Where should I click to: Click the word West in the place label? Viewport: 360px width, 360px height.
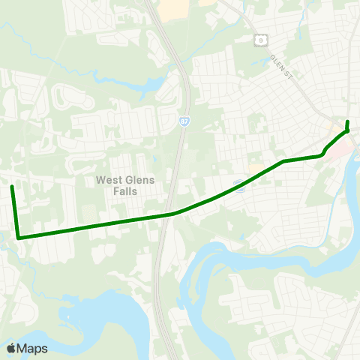tap(109, 180)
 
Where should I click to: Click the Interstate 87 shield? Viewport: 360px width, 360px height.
tap(184, 119)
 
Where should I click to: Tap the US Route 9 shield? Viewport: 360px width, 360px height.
tap(260, 39)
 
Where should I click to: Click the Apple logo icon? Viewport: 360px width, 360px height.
tap(11, 348)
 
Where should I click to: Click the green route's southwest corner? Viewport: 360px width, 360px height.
tap(18, 238)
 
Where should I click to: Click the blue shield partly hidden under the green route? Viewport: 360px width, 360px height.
tap(238, 184)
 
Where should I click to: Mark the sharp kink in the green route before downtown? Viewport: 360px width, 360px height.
tap(322, 154)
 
